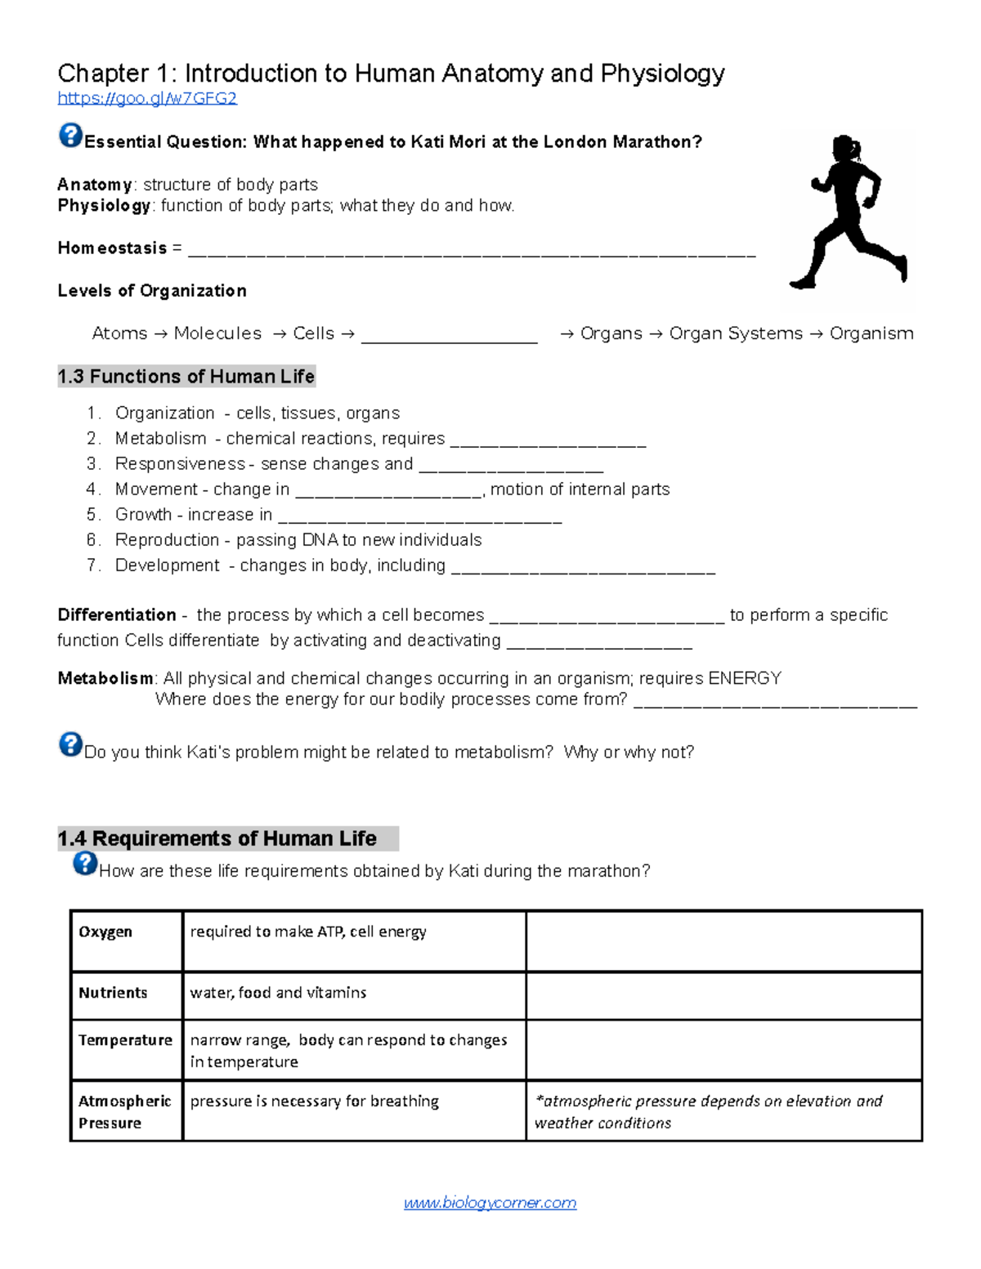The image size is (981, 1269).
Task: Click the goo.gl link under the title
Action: [147, 99]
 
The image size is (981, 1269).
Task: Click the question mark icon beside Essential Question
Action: [70, 135]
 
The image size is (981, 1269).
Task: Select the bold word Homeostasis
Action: [112, 248]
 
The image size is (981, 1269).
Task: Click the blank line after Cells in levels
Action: [449, 335]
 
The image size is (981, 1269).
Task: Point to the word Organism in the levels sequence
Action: [871, 333]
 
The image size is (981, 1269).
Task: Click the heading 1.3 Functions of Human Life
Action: [186, 377]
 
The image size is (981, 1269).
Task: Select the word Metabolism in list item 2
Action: [160, 439]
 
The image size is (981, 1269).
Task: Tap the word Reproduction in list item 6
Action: [167, 540]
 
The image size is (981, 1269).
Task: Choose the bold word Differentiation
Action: [117, 615]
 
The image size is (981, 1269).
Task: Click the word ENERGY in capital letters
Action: [745, 678]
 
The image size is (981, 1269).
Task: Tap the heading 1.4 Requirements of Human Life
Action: [217, 838]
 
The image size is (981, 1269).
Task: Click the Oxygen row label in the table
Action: [105, 932]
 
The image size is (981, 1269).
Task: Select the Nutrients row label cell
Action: [113, 993]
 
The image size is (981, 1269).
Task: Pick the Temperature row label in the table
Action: [125, 1040]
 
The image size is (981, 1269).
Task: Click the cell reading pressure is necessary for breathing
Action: [315, 1101]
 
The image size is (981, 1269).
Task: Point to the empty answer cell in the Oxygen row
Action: [723, 941]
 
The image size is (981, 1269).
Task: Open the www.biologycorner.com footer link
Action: [490, 1203]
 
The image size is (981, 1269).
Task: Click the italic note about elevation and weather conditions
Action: [708, 1111]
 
